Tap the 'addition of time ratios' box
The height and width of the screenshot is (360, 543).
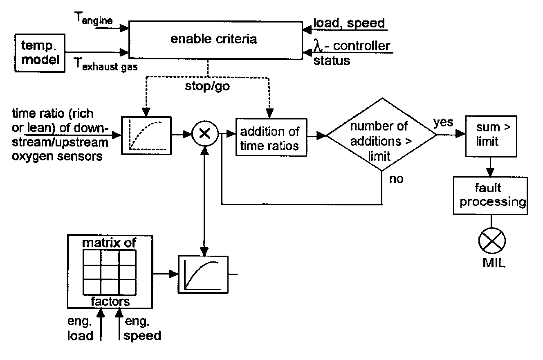(x=271, y=138)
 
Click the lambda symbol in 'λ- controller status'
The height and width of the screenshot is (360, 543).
(x=319, y=46)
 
